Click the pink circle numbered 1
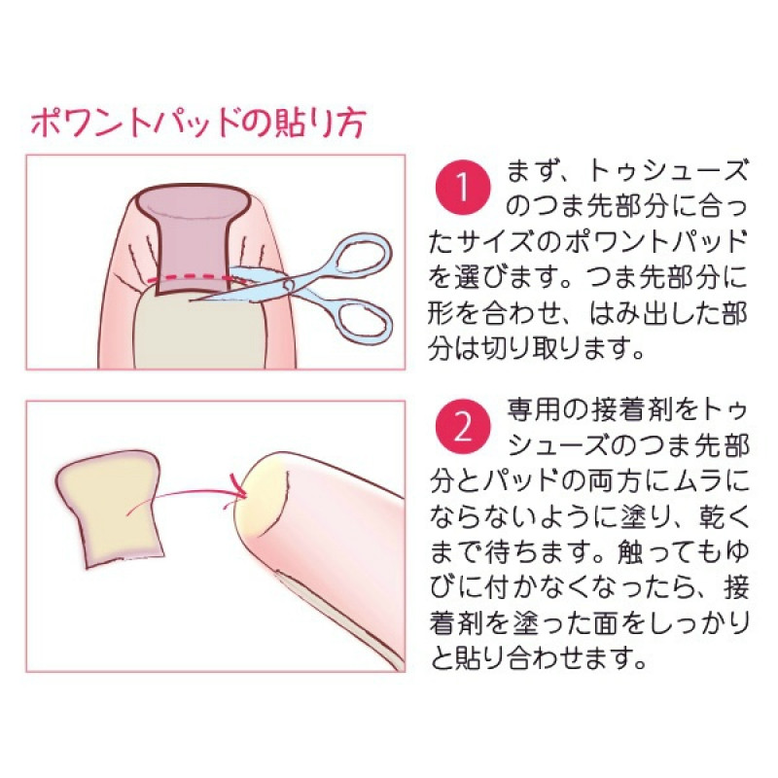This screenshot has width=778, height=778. coord(463,187)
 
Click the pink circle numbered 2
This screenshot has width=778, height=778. coord(463,428)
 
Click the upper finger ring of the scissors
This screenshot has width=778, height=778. coord(361,255)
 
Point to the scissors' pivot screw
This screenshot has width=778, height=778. coord(289,285)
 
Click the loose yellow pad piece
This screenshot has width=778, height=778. coord(109,508)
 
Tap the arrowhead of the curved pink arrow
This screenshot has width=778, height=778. coord(240,486)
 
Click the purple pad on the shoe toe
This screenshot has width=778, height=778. coord(193,238)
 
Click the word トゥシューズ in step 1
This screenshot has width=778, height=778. coord(668,171)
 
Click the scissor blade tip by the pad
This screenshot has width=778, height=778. coord(191,300)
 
